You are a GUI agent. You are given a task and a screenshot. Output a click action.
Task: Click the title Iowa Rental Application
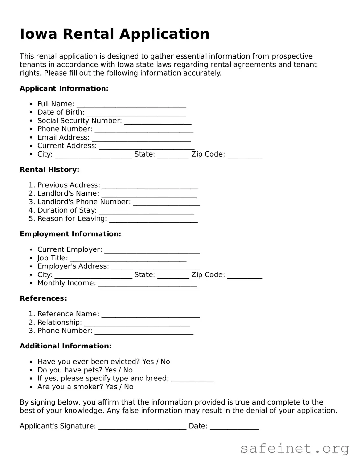pos(114,34)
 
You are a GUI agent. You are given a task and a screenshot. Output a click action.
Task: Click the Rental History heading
pos(49,170)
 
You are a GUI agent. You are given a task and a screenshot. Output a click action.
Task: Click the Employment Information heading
pos(70,234)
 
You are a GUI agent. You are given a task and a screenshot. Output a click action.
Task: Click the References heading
pos(43,298)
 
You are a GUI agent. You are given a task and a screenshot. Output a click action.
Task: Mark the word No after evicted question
pos(165,362)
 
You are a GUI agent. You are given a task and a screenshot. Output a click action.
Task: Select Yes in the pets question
pos(110,370)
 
